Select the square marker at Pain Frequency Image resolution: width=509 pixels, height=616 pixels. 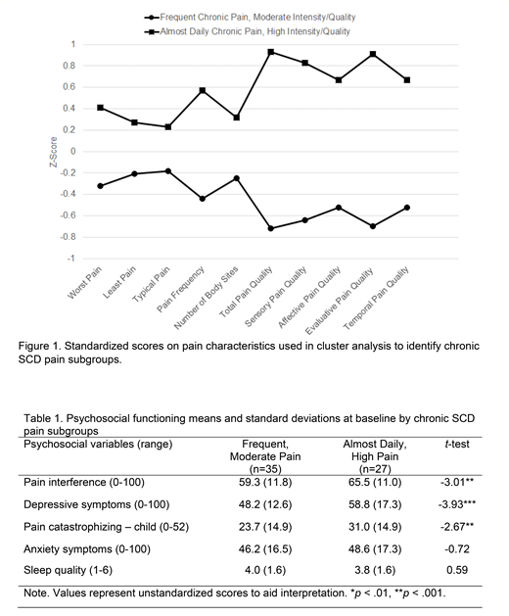[203, 90]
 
